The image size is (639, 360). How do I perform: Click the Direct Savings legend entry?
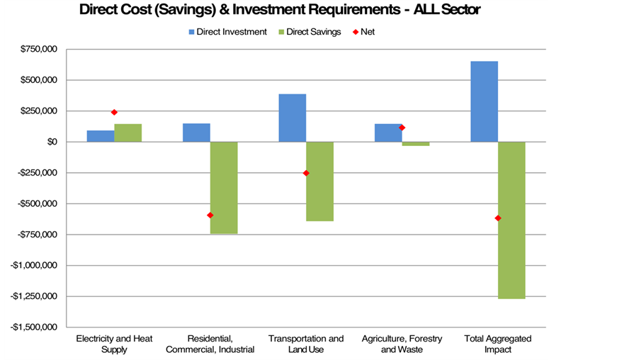[x=312, y=32]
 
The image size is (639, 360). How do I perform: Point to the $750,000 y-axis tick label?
[x=40, y=50]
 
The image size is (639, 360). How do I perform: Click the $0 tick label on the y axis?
[x=52, y=142]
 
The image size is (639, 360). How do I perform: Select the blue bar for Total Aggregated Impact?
[x=484, y=101]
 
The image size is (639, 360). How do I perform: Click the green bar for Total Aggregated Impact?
[x=511, y=220]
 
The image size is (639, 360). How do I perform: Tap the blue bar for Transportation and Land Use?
[x=292, y=118]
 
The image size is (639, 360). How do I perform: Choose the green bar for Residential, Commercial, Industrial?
[x=224, y=187]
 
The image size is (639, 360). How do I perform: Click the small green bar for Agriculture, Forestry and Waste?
[x=416, y=144]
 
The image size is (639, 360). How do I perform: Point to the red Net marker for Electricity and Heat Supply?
[x=114, y=112]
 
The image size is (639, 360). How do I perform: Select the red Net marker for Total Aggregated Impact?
[x=498, y=218]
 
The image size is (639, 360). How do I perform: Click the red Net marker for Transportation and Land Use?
[x=306, y=173]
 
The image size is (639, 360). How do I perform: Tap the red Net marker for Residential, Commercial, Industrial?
[x=210, y=215]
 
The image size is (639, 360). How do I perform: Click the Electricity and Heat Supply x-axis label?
[x=114, y=344]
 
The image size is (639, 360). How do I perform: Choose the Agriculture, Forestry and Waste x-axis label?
[x=402, y=344]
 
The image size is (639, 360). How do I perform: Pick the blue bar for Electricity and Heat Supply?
[x=101, y=136]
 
